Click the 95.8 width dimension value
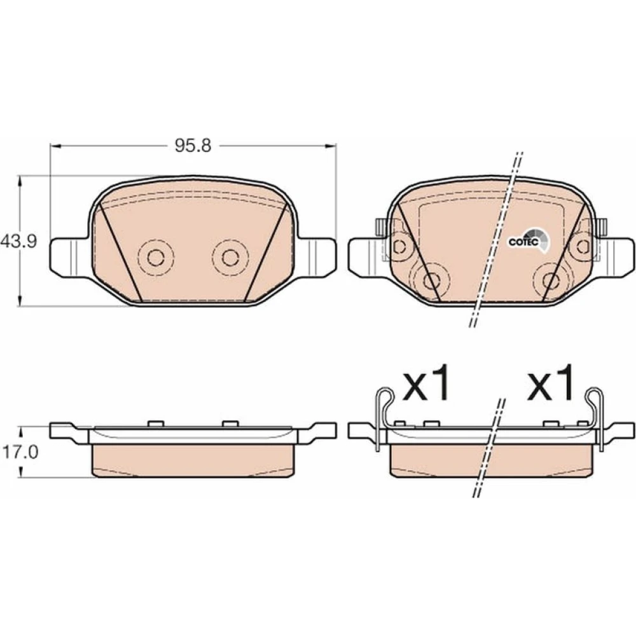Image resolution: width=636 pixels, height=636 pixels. pos(193,145)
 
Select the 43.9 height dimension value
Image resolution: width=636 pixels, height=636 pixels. pos(18,242)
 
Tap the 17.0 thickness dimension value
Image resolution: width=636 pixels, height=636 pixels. pos(20,452)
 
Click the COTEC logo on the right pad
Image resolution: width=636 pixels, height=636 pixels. pos(529,240)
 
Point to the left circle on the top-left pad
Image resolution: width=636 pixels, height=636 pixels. pos(156,257)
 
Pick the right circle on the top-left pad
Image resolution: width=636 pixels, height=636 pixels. pos(230,257)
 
